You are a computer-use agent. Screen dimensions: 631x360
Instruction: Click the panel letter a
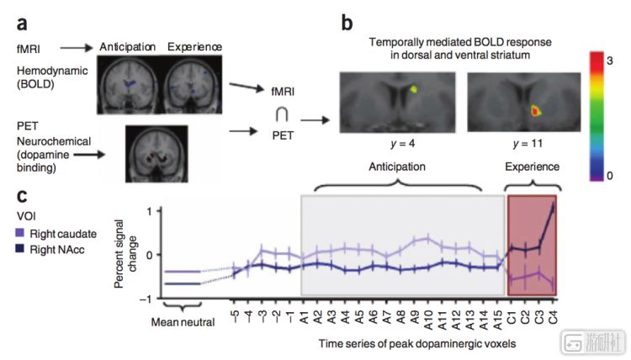[x=22, y=24]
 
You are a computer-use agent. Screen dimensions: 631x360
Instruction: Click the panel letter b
[x=347, y=23]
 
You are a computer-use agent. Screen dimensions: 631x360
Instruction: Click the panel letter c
[x=22, y=196]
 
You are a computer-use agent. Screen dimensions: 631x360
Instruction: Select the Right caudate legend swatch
[x=19, y=233]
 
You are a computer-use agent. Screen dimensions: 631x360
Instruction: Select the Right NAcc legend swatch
[x=19, y=248]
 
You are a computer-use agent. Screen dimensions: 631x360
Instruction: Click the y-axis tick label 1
[x=149, y=211]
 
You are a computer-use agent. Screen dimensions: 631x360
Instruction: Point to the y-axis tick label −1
[x=146, y=299]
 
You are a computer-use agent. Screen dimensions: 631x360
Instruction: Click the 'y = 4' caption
[x=402, y=144]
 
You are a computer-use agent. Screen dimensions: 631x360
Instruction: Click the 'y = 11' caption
[x=528, y=144]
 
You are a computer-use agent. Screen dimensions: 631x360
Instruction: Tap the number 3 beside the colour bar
[x=610, y=61]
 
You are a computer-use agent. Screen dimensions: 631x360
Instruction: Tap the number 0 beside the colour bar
[x=610, y=176]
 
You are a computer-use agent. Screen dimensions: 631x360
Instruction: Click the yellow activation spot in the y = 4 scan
[x=413, y=89]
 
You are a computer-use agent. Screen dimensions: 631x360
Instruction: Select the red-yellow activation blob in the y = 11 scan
[x=535, y=111]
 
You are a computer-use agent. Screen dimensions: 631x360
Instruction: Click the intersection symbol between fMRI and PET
[x=282, y=115]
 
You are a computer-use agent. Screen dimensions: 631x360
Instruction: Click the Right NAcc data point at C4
[x=553, y=208]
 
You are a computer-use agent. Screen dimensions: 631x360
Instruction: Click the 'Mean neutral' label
[x=183, y=322]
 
